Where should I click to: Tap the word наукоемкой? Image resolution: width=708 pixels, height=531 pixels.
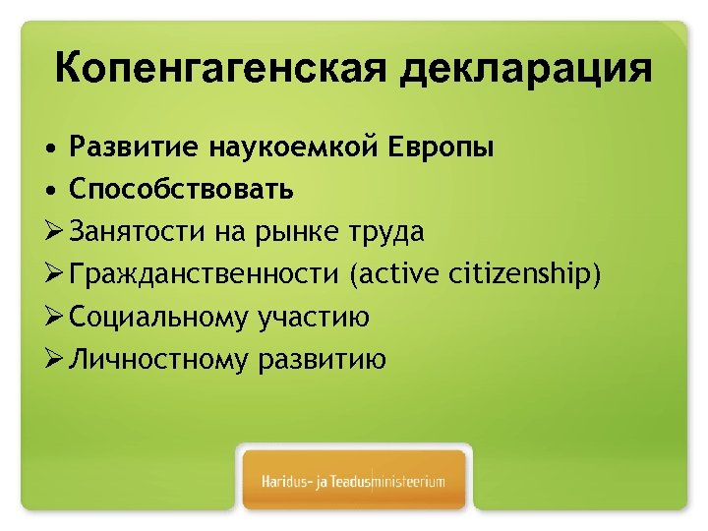(285, 147)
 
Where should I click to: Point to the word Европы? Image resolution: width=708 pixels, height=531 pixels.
(436, 149)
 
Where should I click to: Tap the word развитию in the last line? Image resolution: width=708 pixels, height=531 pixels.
(323, 360)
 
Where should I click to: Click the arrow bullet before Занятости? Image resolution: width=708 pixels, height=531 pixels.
(54, 232)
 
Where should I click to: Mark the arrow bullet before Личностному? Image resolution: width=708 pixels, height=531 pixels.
(54, 359)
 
